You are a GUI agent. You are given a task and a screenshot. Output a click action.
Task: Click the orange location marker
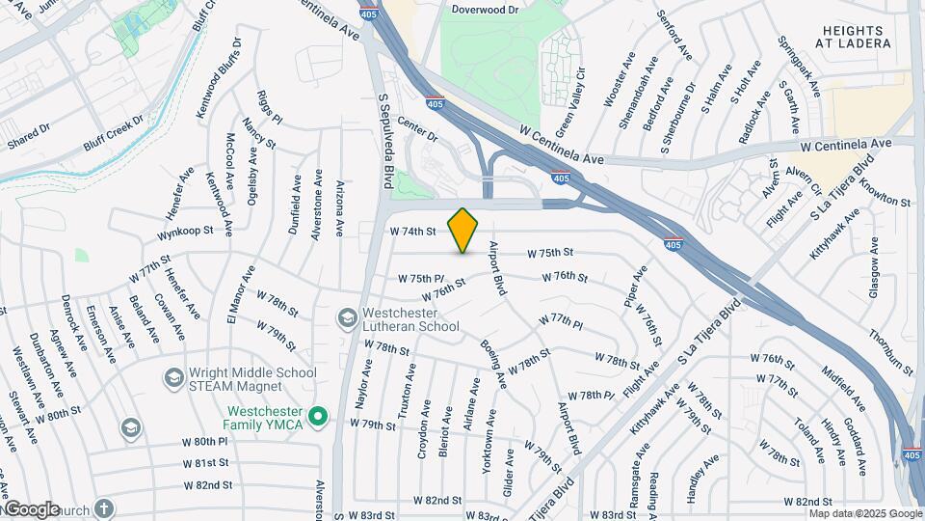coord(463,230)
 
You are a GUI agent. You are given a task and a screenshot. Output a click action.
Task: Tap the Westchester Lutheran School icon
coord(346,317)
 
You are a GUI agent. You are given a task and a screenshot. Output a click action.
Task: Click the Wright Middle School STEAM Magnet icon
coord(173,377)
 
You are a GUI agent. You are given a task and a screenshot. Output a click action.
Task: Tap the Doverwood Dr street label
coord(485,9)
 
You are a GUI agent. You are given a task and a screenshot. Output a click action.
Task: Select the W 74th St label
coord(413,232)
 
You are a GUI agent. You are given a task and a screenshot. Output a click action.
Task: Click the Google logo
coord(32,509)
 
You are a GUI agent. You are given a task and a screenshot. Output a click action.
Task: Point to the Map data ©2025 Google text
coord(864,513)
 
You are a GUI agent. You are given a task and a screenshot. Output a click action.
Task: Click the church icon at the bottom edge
coord(104,507)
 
